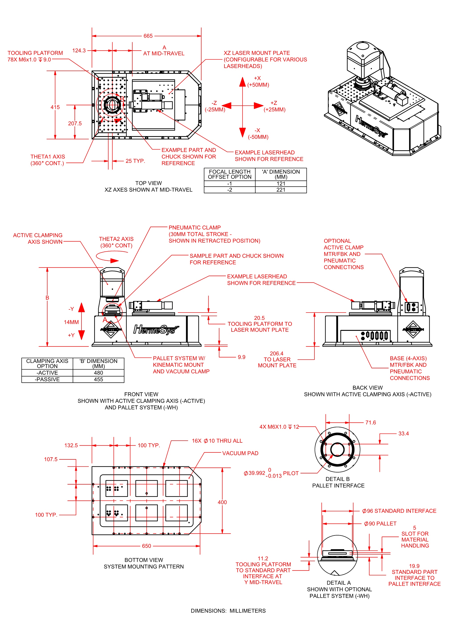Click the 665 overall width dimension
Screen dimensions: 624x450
point(148,36)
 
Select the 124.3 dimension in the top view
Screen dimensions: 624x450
point(79,51)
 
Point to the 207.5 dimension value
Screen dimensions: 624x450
point(75,124)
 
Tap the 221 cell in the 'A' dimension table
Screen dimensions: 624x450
point(281,190)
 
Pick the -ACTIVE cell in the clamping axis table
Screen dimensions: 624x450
point(47,373)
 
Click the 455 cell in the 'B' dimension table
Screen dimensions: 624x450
point(98,379)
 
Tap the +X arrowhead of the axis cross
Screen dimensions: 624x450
point(242,82)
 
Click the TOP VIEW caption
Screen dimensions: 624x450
point(149,183)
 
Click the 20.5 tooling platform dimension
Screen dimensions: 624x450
point(259,318)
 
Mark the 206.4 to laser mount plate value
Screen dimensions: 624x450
point(277,354)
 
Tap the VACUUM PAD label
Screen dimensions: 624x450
point(240,453)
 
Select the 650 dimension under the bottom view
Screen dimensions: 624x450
point(146,546)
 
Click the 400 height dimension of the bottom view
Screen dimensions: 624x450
point(222,502)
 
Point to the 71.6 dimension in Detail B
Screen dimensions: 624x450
point(370,423)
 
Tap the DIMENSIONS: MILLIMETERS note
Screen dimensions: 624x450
point(228,611)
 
